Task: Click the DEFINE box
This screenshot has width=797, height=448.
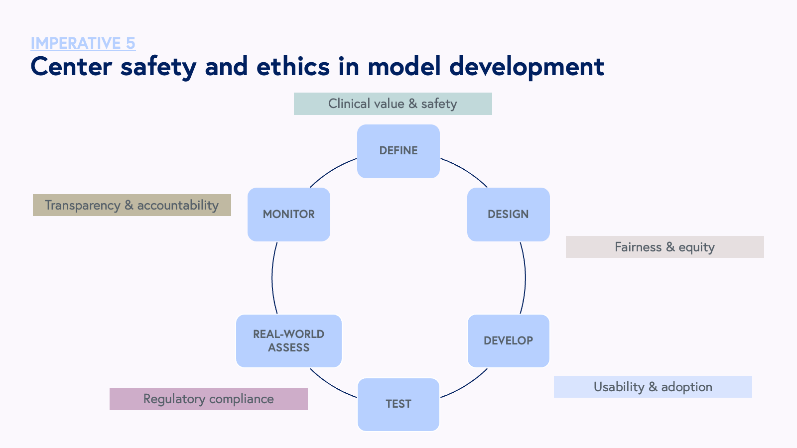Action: pyautogui.click(x=398, y=151)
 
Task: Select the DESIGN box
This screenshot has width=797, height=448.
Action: pyautogui.click(x=508, y=215)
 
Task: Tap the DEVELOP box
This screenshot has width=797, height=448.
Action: pyautogui.click(x=508, y=341)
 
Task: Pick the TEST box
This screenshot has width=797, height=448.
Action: pyautogui.click(x=398, y=404)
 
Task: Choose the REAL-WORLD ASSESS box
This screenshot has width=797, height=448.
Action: pyautogui.click(x=289, y=341)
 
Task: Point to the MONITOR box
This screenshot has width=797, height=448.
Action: pyautogui.click(x=289, y=215)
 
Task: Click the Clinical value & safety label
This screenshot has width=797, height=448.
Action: pyautogui.click(x=393, y=104)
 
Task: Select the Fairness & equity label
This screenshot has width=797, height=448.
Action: pyautogui.click(x=664, y=247)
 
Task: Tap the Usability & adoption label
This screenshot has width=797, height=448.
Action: pyautogui.click(x=653, y=387)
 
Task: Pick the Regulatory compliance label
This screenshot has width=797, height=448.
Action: pyautogui.click(x=208, y=399)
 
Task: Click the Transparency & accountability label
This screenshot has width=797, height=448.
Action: pyautogui.click(x=132, y=205)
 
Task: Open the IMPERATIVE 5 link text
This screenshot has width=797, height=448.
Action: pyautogui.click(x=83, y=43)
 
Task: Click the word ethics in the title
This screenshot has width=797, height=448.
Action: pyautogui.click(x=293, y=66)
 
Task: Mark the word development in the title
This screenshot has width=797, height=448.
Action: pyautogui.click(x=527, y=67)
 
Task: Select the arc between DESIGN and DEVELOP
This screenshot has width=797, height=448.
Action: pyautogui.click(x=525, y=278)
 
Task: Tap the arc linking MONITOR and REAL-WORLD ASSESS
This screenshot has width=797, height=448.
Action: pyautogui.click(x=272, y=278)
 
